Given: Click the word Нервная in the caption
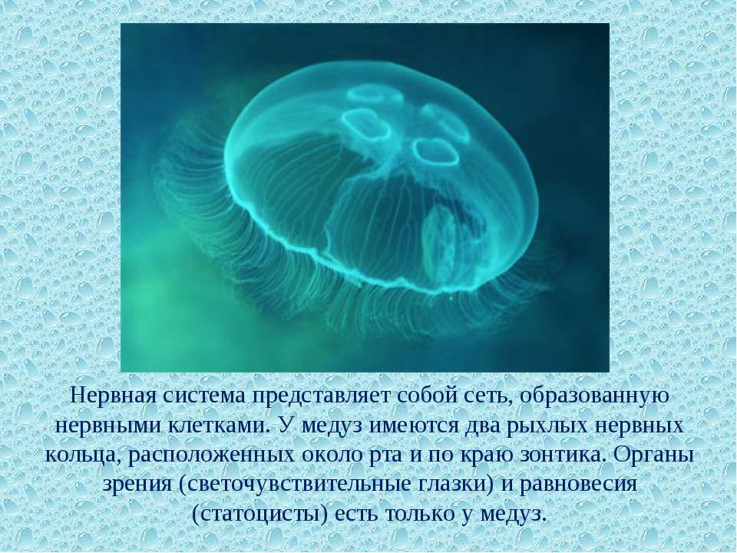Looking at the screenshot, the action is (113, 396).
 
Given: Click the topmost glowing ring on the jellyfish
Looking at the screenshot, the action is (375, 94).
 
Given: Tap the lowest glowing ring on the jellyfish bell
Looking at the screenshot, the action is (436, 152).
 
